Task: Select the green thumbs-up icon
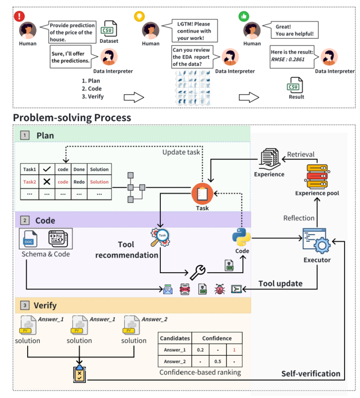pyautogui.click(x=244, y=16)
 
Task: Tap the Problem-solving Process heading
pyautogui.click(x=72, y=117)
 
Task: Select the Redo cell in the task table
pyautogui.click(x=79, y=182)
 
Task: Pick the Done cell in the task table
pyautogui.click(x=79, y=169)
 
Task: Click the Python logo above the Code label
pyautogui.click(x=241, y=237)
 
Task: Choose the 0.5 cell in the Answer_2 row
pyautogui.click(x=217, y=362)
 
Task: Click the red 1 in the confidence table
pyautogui.click(x=234, y=350)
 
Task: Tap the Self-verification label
pyautogui.click(x=310, y=374)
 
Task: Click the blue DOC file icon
pyautogui.click(x=30, y=240)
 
